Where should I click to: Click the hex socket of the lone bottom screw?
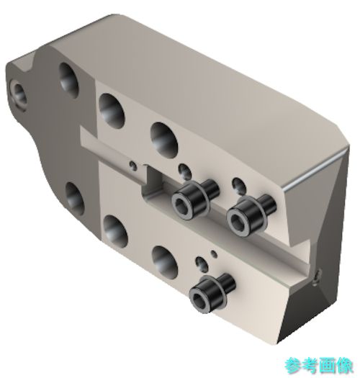(x=199, y=300)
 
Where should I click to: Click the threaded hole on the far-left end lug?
(x=19, y=94)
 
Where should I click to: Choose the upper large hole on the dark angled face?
(x=68, y=81)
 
